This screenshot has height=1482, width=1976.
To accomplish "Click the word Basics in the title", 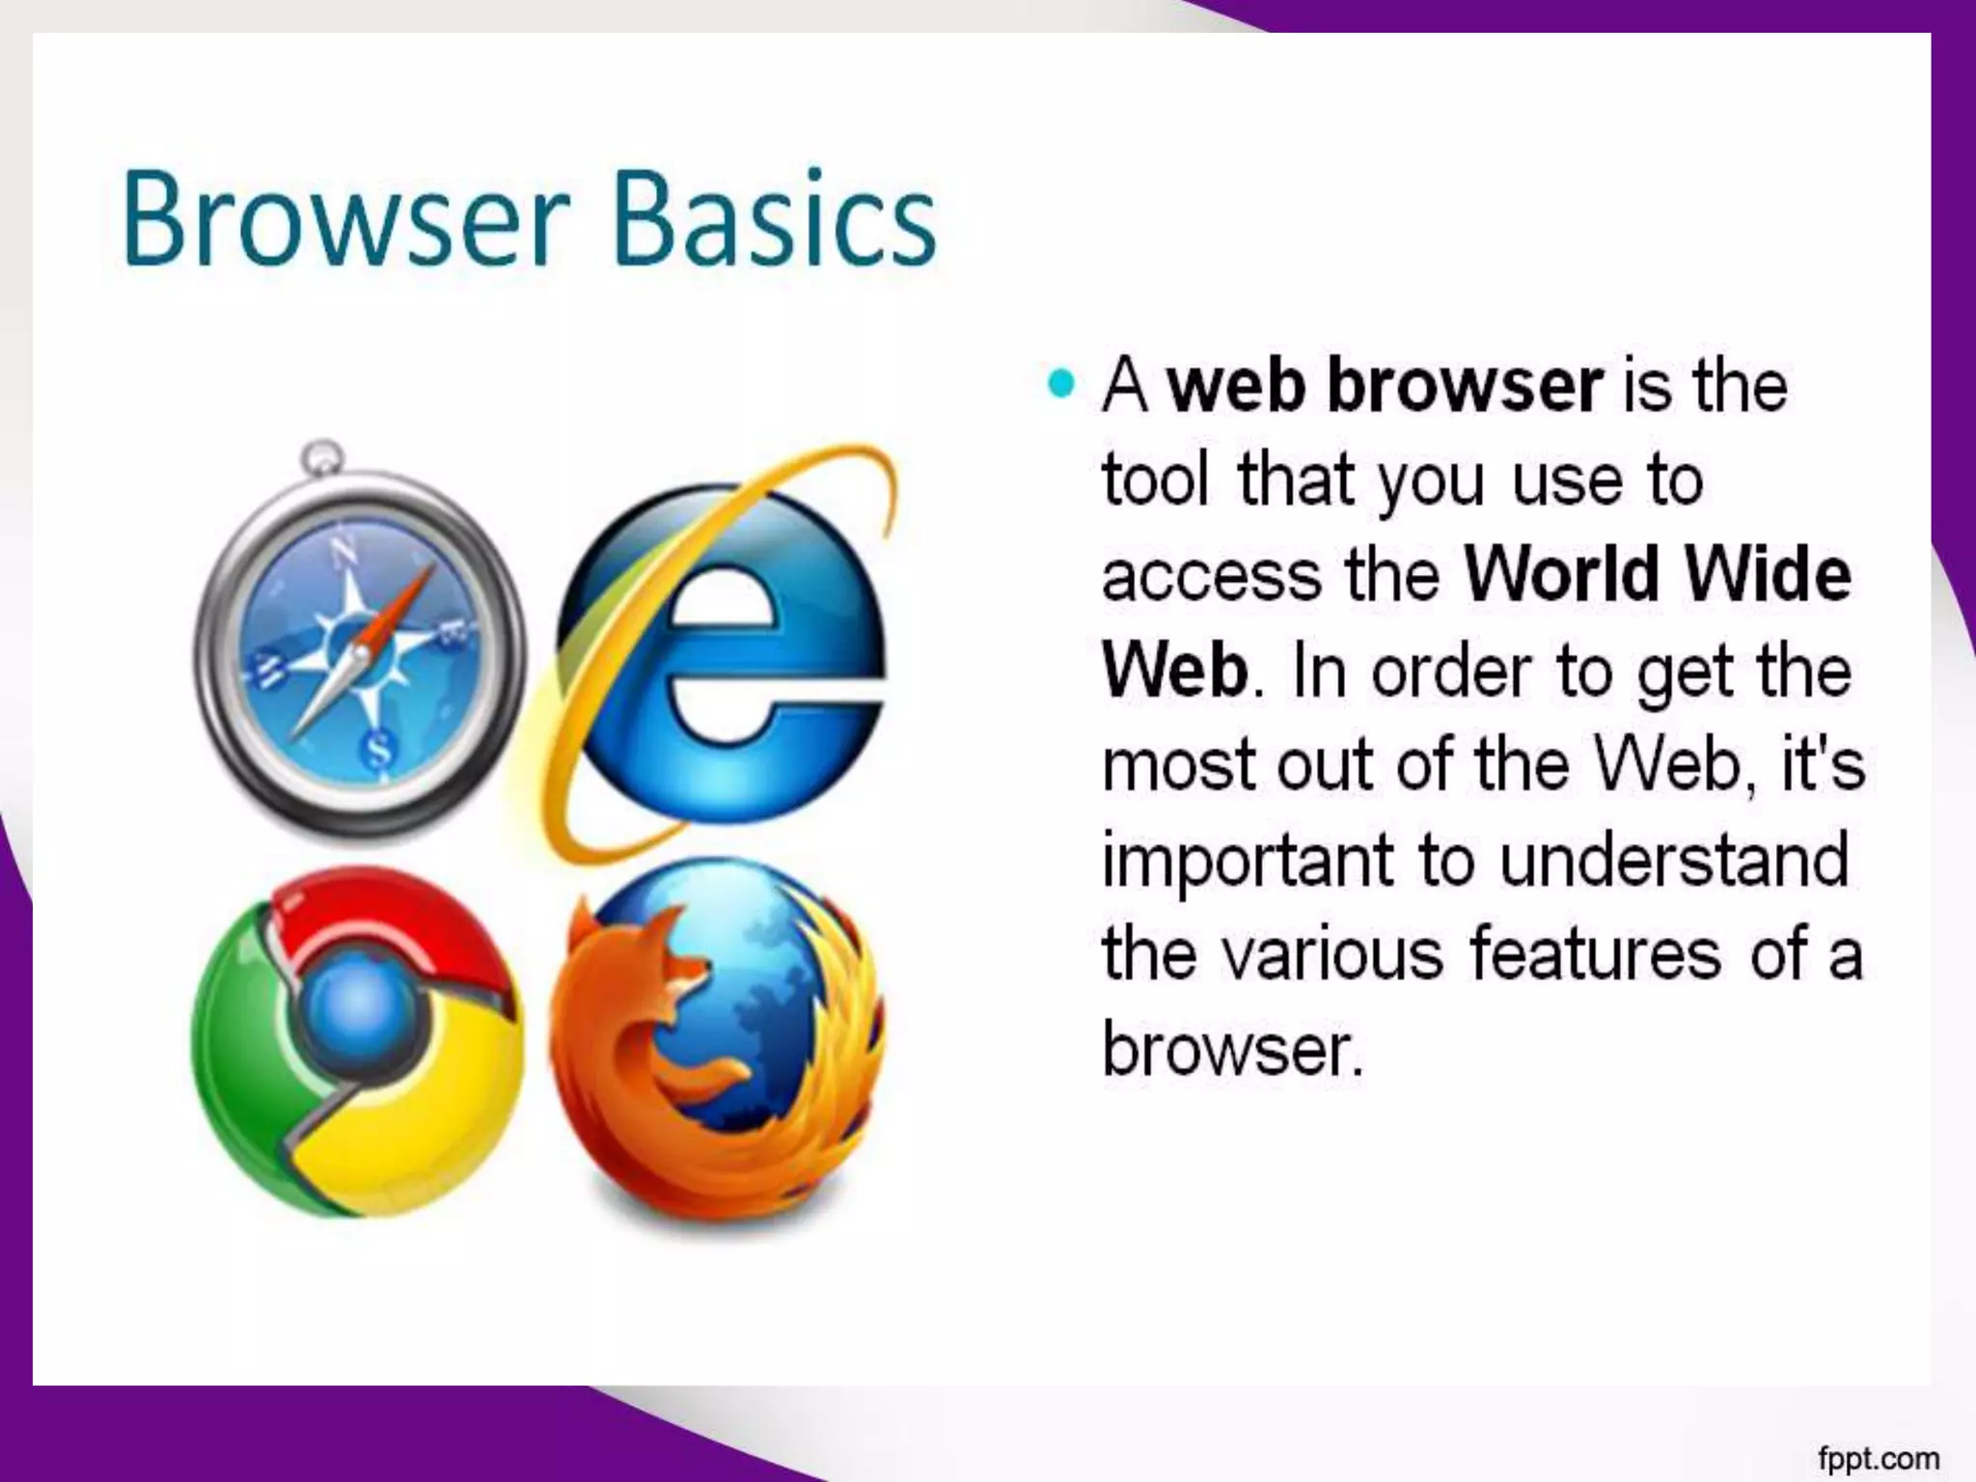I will pyautogui.click(x=774, y=220).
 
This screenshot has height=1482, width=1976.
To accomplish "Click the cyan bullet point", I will pyautogui.click(x=1060, y=384).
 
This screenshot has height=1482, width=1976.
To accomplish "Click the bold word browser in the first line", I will pyautogui.click(x=1466, y=386).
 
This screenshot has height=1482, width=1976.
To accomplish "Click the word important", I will pyautogui.click(x=1248, y=862).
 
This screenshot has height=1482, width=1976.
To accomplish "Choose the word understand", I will pyautogui.click(x=1675, y=860).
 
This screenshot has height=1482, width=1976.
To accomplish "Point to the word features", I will pyautogui.click(x=1595, y=954).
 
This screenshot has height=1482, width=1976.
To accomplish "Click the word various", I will pyautogui.click(x=1332, y=954).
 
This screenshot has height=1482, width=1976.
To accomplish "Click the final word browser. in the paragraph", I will pyautogui.click(x=1232, y=1049).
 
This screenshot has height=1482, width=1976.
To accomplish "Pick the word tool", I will pyautogui.click(x=1155, y=480).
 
